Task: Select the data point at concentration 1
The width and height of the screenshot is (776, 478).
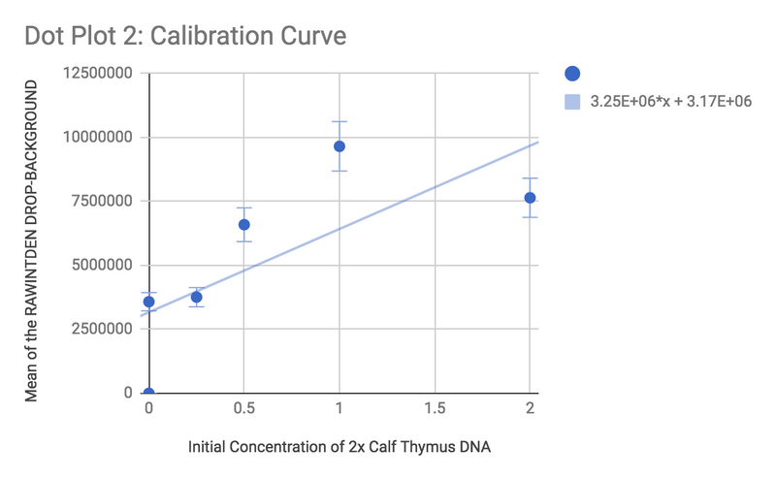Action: tap(339, 146)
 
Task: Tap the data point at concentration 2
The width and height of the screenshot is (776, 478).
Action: tap(530, 198)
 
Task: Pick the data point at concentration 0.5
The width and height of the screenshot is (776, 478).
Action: tap(244, 225)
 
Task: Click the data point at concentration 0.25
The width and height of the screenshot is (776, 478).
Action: tap(197, 297)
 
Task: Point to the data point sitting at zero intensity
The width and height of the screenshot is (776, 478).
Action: tap(148, 393)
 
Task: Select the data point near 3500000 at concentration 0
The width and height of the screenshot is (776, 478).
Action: tap(148, 302)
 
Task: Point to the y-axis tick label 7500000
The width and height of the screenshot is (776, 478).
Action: tap(103, 202)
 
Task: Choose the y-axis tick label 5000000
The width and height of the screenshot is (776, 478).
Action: tap(103, 266)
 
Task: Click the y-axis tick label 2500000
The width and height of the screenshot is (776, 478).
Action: tap(103, 329)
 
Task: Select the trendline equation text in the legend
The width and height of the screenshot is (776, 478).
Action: tap(671, 102)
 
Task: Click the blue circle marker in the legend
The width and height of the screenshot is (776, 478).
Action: tap(572, 74)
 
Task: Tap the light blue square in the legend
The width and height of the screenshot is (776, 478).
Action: tap(572, 102)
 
